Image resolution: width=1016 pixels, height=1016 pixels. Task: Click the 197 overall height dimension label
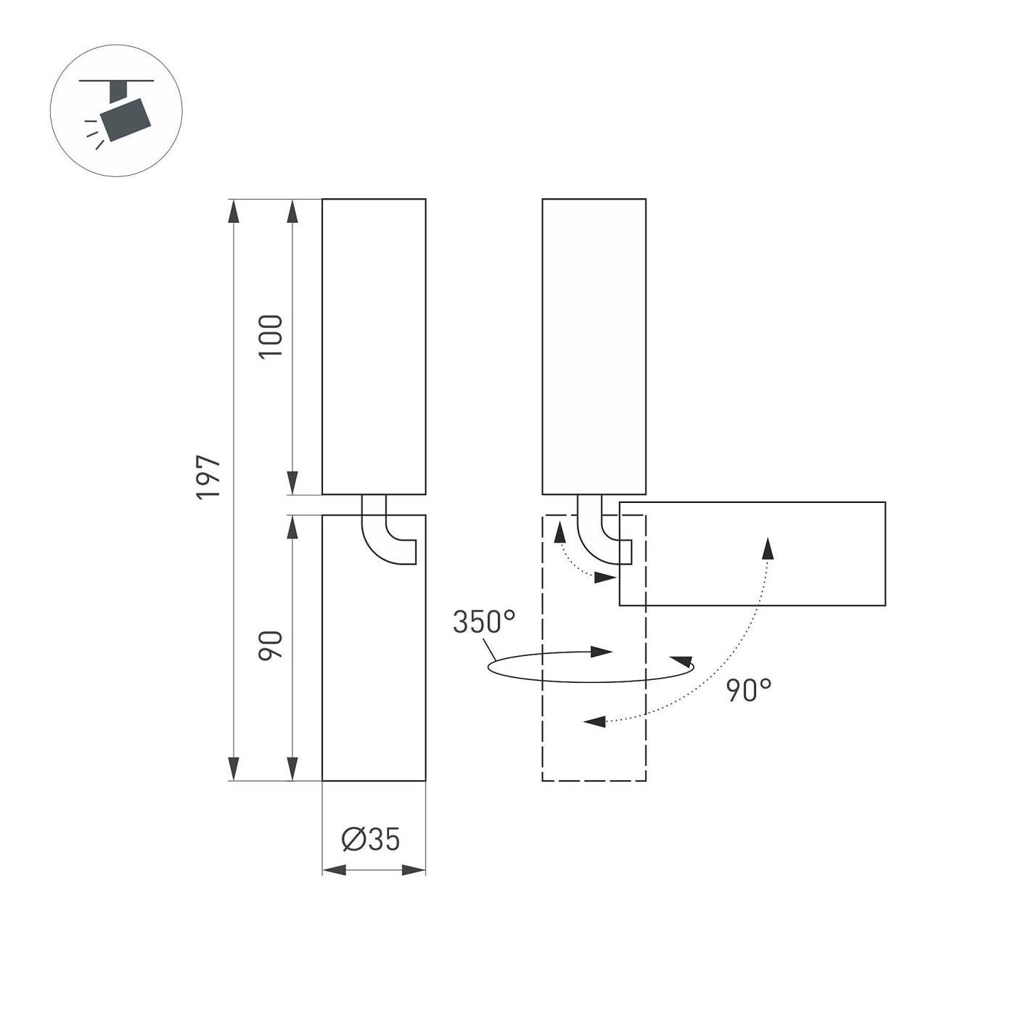(x=208, y=478)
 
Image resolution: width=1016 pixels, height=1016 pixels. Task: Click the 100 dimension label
(x=271, y=336)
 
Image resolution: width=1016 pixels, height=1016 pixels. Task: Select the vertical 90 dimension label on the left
(x=271, y=646)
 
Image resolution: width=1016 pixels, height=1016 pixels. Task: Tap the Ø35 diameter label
(x=371, y=840)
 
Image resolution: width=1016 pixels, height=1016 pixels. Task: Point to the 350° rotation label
(x=484, y=622)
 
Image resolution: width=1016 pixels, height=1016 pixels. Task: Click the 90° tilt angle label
(x=749, y=690)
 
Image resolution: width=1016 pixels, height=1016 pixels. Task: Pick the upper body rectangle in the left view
(x=374, y=346)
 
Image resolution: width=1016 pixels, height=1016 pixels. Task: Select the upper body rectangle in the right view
(x=594, y=346)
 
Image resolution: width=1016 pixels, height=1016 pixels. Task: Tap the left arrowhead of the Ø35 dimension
(x=334, y=869)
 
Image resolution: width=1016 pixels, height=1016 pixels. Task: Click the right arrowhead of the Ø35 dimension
(x=414, y=869)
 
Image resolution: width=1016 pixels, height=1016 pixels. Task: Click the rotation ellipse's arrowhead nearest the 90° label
(x=682, y=660)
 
